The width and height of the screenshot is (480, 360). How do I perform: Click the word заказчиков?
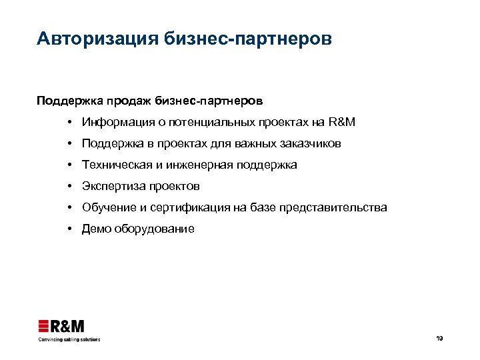point(312,144)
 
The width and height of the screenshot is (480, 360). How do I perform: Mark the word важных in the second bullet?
point(255,144)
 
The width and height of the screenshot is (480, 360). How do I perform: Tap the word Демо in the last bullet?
point(95,229)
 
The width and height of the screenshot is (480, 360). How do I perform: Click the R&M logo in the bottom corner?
point(61,326)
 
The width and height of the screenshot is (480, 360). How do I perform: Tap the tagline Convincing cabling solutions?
point(69,339)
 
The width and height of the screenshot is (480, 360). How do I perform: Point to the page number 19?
point(439,339)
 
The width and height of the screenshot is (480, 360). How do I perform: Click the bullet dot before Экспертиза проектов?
point(69,186)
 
